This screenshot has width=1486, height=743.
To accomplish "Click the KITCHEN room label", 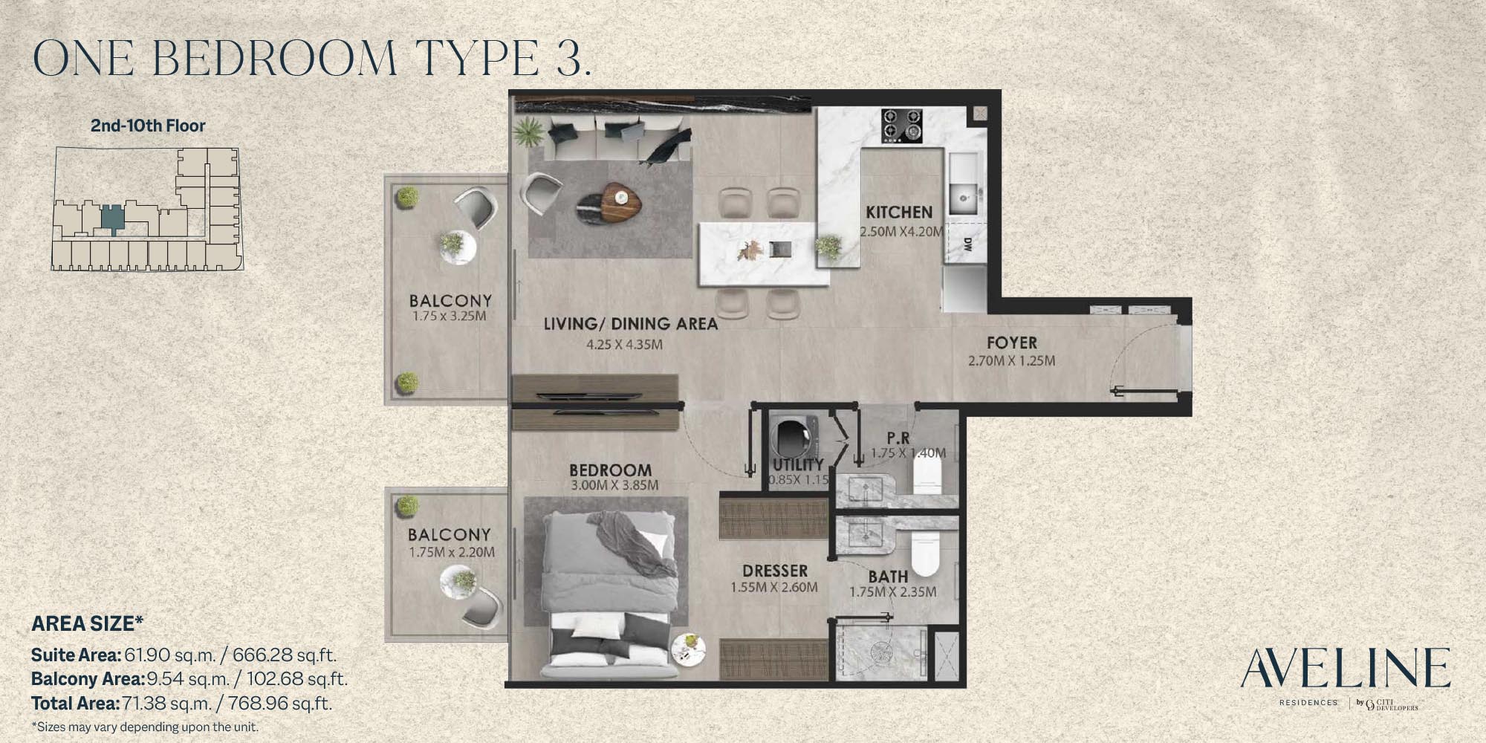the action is click(899, 212).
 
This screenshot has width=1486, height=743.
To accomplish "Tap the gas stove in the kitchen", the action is click(902, 126).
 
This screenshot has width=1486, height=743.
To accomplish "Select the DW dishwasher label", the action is click(967, 247).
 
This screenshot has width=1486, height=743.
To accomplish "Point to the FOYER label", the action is click(1012, 343).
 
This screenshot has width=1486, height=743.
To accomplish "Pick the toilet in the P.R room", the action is click(927, 473).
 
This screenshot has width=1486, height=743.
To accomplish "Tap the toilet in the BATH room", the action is click(926, 553).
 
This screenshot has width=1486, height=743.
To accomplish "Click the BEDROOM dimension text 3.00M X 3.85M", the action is click(614, 486).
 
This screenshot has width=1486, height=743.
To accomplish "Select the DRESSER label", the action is click(775, 571).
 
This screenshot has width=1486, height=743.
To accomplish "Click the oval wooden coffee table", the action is click(620, 201).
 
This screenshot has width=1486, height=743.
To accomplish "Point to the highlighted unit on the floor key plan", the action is click(112, 218).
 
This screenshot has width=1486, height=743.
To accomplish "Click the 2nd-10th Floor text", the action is click(148, 126).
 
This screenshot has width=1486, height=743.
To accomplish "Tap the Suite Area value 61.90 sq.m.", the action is click(169, 655).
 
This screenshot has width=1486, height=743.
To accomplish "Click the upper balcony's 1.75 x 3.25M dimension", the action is click(450, 317).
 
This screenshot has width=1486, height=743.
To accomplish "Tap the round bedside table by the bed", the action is click(689, 648).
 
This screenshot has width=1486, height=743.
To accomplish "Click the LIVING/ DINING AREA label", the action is click(630, 324).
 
